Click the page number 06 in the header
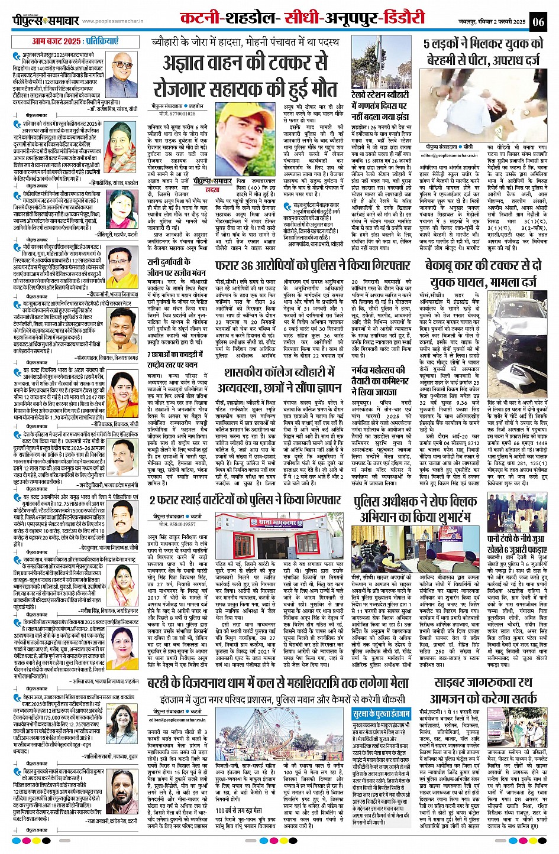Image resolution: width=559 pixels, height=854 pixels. click(538, 22)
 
